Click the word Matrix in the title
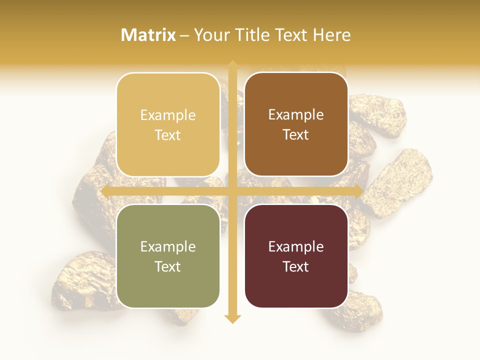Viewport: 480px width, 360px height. tap(148, 35)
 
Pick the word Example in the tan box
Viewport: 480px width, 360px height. tap(168, 115)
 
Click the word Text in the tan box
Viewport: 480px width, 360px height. tap(168, 135)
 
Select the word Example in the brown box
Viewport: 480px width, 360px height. tap(296, 115)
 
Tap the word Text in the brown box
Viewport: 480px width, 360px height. tap(296, 134)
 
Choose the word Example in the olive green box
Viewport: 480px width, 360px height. tap(168, 247)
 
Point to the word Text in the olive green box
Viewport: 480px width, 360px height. tap(168, 266)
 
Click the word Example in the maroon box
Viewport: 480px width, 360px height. tap(296, 247)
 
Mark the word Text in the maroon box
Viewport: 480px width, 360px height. tap(296, 266)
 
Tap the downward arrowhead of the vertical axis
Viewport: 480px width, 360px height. tap(232, 318)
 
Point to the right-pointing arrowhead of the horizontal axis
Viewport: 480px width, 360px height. tap(358, 191)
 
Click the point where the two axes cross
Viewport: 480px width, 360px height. tap(232, 191)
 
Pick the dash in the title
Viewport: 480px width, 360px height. tap(184, 35)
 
